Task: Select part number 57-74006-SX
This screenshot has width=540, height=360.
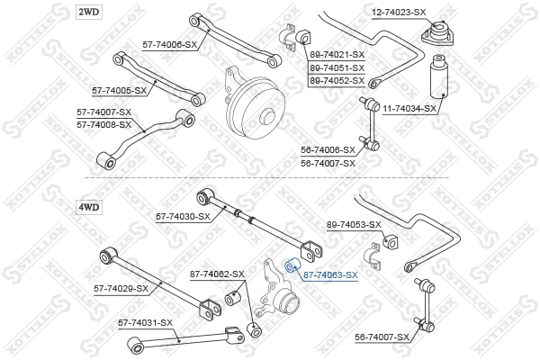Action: (x=168, y=43)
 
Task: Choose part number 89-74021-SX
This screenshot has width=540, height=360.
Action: (x=337, y=55)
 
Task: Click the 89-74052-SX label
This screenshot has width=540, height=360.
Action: (x=337, y=80)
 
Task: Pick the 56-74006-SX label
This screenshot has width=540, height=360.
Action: (x=328, y=150)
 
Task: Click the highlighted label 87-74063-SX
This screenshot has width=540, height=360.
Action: (x=330, y=275)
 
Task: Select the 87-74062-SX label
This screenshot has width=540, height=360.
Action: (x=216, y=274)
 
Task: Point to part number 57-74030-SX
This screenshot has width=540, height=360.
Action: (x=183, y=216)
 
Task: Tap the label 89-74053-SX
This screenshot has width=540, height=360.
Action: (x=354, y=224)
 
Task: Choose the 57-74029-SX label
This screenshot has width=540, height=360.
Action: (x=121, y=288)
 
